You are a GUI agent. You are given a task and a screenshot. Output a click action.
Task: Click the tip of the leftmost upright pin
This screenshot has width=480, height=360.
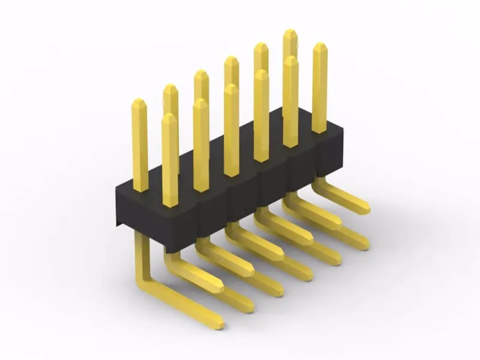[x=139, y=103]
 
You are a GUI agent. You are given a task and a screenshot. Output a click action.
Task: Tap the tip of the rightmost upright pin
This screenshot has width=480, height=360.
[x=320, y=47]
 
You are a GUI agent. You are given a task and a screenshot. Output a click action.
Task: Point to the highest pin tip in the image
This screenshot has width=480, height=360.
[x=290, y=33]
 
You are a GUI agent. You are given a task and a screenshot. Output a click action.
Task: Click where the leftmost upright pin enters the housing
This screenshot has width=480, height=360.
[x=140, y=188]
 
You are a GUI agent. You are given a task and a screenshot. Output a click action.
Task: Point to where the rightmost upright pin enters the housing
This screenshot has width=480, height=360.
[x=319, y=130]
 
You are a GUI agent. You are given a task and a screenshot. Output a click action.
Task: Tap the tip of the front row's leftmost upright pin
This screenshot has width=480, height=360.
[x=170, y=118]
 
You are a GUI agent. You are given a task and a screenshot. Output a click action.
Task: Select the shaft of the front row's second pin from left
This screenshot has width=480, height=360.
[x=201, y=150]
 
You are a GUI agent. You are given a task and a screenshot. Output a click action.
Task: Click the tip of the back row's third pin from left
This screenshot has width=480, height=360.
[x=201, y=74]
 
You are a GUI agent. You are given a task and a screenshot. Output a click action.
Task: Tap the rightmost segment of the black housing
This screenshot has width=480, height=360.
[x=330, y=153]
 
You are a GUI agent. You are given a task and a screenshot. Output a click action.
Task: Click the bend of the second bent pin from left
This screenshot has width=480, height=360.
[x=174, y=264]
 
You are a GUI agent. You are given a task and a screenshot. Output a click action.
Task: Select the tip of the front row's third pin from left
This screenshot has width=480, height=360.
[x=232, y=88]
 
